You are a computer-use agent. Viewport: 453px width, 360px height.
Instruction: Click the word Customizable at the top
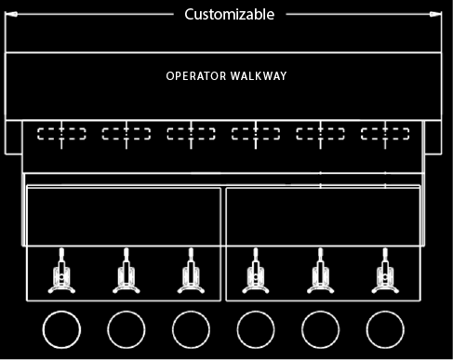tap(229, 14)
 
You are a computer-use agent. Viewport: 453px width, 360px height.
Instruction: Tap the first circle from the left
tap(61, 329)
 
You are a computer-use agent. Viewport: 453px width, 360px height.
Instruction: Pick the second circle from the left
tap(127, 329)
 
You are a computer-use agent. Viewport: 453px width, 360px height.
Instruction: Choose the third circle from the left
tap(191, 329)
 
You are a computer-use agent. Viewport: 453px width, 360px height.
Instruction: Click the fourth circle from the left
tap(256, 329)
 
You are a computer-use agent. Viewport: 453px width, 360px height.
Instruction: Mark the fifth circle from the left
tap(320, 329)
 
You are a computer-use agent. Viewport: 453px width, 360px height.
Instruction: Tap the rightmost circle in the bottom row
tap(384, 329)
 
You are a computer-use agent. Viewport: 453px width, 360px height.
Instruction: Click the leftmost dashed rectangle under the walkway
tap(61, 133)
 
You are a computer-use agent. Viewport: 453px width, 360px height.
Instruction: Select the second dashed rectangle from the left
tap(127, 133)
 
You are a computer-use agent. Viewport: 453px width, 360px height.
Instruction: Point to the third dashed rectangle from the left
tap(191, 133)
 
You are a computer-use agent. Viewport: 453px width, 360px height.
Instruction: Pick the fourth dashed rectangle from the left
tap(256, 133)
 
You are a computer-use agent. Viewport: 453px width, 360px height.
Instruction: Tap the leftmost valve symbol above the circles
tap(61, 275)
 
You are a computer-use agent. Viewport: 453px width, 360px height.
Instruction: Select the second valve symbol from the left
tap(127, 275)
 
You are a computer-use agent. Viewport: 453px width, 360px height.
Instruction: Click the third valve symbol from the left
tap(191, 275)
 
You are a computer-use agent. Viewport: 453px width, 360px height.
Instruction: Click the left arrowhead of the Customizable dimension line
tap(9, 14)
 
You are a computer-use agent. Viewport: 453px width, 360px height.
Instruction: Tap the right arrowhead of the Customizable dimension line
tap(437, 14)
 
